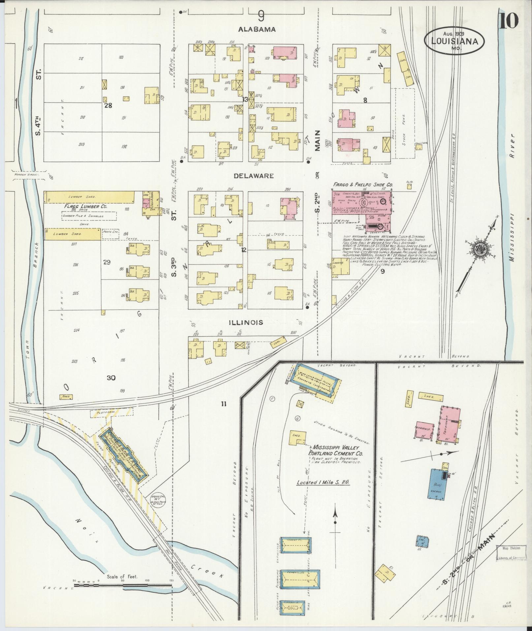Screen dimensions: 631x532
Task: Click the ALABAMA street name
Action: tap(257, 29)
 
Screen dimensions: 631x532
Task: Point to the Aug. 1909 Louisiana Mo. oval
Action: tap(454, 41)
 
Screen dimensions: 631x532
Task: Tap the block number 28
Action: tap(108, 106)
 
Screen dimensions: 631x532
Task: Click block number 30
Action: tap(111, 378)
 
